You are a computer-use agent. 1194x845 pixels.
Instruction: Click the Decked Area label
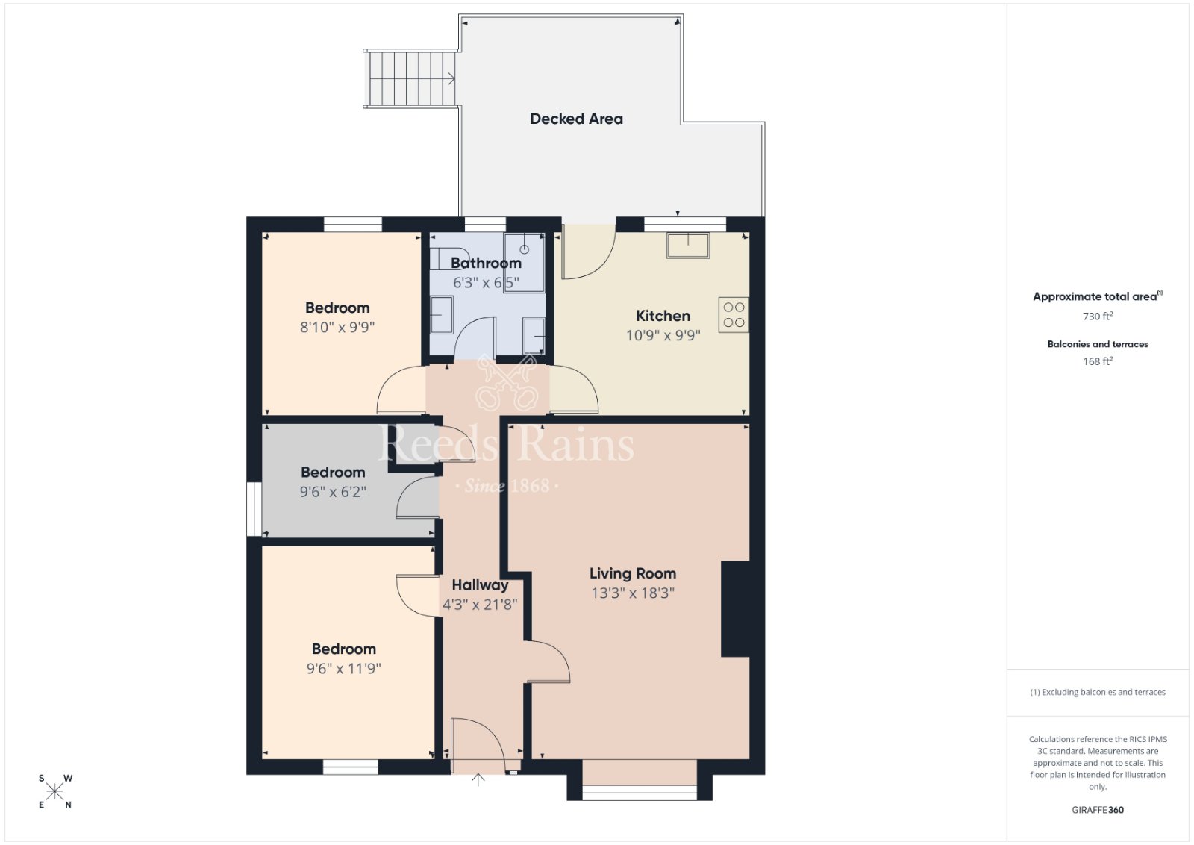click(x=576, y=119)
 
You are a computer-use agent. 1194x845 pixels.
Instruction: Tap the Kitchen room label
click(x=663, y=316)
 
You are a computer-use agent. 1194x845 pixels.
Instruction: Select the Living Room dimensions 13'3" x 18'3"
click(x=633, y=593)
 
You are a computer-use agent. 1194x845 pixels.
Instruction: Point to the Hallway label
click(x=480, y=585)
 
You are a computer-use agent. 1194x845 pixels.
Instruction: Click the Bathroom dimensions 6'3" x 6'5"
click(x=486, y=283)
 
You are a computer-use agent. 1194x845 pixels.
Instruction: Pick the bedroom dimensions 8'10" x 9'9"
click(x=337, y=327)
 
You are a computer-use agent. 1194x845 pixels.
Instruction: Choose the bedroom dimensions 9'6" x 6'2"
click(x=333, y=491)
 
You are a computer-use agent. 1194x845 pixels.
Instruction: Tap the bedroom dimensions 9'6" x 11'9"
click(x=344, y=669)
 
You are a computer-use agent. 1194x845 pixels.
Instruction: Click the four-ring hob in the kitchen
click(x=734, y=315)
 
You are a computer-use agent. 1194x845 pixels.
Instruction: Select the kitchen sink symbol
click(x=687, y=246)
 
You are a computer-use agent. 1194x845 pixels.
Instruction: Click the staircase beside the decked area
click(x=410, y=79)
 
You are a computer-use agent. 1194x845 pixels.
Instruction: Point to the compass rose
click(x=55, y=792)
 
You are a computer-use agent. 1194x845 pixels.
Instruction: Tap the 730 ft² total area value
click(x=1098, y=317)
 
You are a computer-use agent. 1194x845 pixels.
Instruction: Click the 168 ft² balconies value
click(x=1098, y=361)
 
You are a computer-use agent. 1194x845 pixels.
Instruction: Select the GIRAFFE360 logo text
click(x=1098, y=810)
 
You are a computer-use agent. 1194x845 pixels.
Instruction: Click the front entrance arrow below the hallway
click(x=478, y=779)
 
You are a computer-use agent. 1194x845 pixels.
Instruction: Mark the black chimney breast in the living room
click(x=736, y=609)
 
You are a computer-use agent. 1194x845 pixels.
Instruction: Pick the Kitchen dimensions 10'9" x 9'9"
click(x=663, y=335)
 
